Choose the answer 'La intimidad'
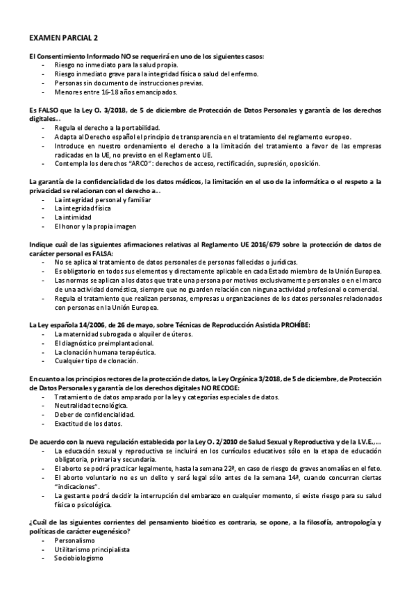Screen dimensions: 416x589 click(x=72, y=217)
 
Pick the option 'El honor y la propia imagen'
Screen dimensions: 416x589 click(x=94, y=226)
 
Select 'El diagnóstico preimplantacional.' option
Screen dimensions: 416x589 click(x=103, y=344)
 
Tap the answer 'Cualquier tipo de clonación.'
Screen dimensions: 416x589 click(x=96, y=361)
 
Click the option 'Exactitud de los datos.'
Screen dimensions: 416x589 click(x=88, y=424)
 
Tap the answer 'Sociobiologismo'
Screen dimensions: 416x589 click(x=78, y=558)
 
